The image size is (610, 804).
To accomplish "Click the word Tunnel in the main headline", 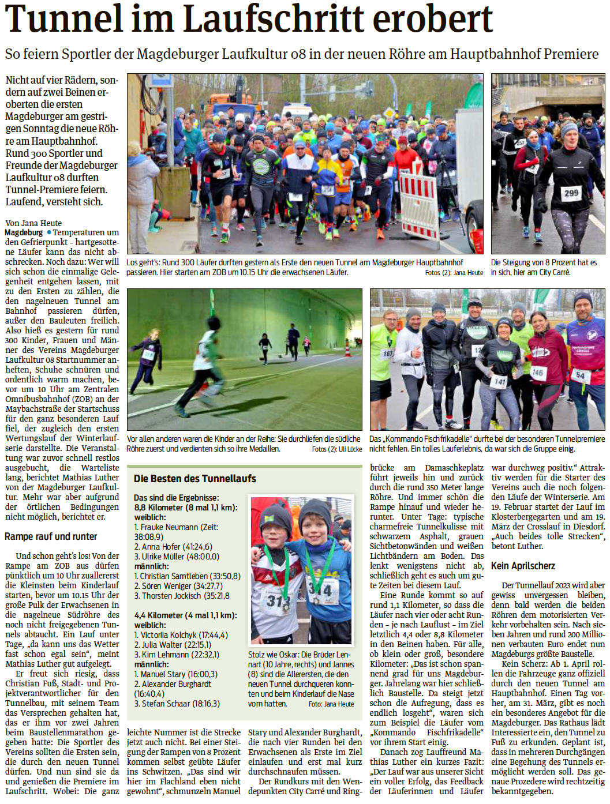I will pyautogui.click(x=63, y=18).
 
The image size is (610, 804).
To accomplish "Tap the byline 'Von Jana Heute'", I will pyautogui.click(x=33, y=223).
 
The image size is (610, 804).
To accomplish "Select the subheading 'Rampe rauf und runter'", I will pyautogui.click(x=51, y=536).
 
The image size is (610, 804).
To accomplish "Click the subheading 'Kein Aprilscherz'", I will pyautogui.click(x=523, y=566).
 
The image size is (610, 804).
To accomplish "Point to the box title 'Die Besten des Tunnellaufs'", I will pyautogui.click(x=194, y=479).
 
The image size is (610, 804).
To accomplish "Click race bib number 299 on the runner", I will pyautogui.click(x=571, y=193).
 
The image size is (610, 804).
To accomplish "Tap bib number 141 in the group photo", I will pyautogui.click(x=500, y=381).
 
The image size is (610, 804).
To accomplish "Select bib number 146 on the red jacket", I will pyautogui.click(x=537, y=373).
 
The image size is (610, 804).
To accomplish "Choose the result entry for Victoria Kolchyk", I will pyautogui.click(x=181, y=635).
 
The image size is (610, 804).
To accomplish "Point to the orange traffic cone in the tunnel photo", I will pyautogui.click(x=347, y=350).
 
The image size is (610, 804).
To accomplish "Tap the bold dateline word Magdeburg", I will pyautogui.click(x=24, y=232).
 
